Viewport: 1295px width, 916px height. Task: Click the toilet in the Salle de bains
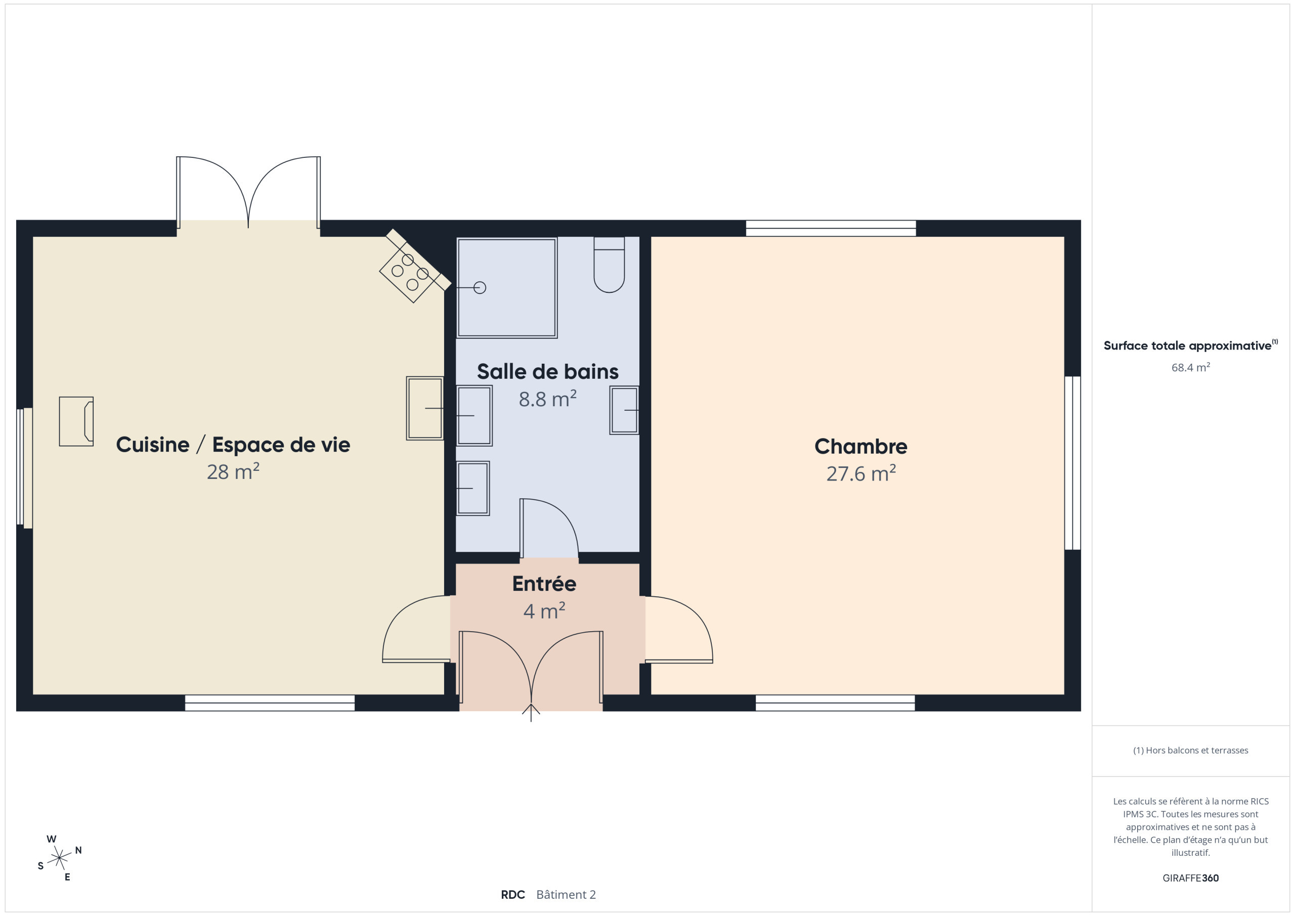pos(609,265)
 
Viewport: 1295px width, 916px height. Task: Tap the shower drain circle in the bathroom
pos(480,288)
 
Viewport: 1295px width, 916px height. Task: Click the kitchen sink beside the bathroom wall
pos(425,408)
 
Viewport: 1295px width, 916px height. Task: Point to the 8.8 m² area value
pos(548,399)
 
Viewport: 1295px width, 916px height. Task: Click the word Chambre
pos(860,446)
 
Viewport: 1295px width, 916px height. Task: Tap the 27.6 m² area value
pos(860,473)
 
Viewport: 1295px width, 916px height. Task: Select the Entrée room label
pos(544,583)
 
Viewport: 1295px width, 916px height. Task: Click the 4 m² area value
pos(544,611)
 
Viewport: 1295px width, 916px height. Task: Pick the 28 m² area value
pos(233,471)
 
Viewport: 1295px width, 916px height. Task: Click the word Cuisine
pos(152,445)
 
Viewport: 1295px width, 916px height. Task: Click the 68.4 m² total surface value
pos(1191,367)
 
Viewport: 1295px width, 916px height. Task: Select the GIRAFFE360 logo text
pos(1191,878)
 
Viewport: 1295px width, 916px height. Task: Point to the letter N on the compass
pos(78,850)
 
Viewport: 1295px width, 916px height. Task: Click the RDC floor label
pos(513,895)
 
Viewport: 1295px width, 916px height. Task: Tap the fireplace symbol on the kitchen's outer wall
pos(76,421)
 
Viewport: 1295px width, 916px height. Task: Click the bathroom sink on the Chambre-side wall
pos(624,410)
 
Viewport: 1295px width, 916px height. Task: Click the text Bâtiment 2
pos(566,895)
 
